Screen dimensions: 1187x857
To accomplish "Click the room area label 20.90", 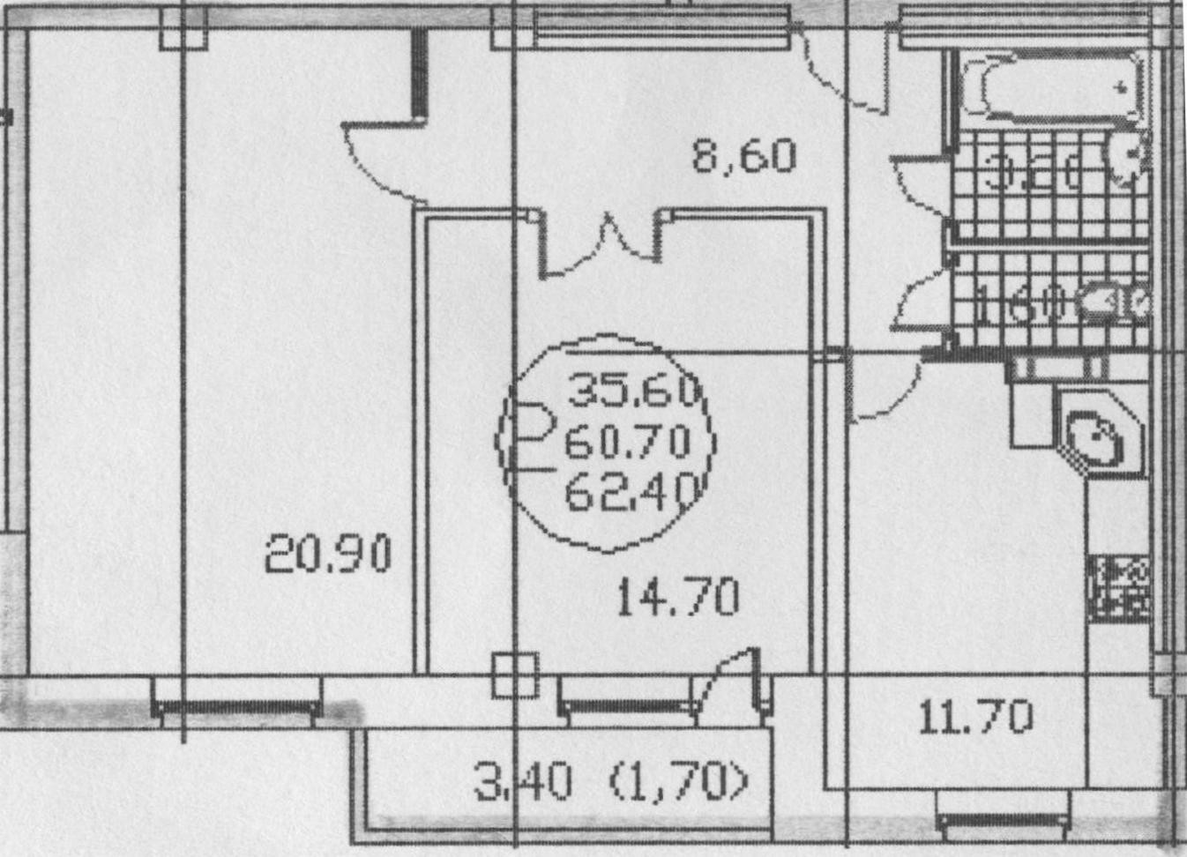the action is (328, 555).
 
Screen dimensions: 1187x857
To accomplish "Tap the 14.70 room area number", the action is (677, 598).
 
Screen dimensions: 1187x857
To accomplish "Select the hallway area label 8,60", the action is (743, 157).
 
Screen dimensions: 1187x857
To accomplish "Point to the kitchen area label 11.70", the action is (975, 718).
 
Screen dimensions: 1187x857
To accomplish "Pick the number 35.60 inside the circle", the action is (633, 390).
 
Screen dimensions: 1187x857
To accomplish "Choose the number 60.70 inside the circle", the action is (627, 441).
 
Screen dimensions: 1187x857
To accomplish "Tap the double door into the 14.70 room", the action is (601, 242).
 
